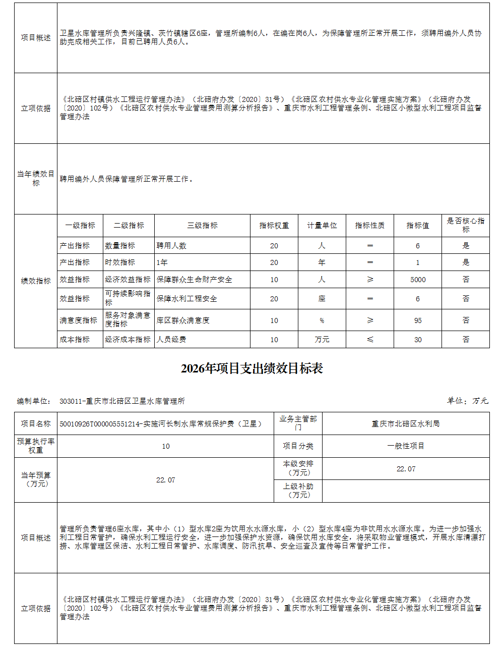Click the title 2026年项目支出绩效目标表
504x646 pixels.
click(x=251, y=369)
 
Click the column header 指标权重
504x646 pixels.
click(x=274, y=226)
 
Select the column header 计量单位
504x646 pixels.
click(x=322, y=226)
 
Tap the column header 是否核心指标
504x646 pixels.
click(x=466, y=225)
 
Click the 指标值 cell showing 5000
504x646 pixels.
click(x=418, y=280)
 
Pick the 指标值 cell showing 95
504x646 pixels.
click(x=418, y=320)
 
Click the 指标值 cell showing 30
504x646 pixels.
click(x=418, y=340)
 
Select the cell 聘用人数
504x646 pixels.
click(x=171, y=246)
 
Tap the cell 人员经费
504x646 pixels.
click(x=171, y=340)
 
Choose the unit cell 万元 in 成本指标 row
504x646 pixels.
click(x=322, y=340)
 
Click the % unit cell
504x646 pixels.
click(x=322, y=320)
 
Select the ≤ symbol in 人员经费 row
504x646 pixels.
click(x=370, y=340)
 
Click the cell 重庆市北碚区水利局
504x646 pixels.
click(x=406, y=424)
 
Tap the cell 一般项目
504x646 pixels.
click(x=406, y=446)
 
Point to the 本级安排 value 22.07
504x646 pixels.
click(x=406, y=469)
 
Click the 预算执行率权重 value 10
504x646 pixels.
click(x=166, y=446)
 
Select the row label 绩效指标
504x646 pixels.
click(x=36, y=281)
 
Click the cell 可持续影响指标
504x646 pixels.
click(x=128, y=298)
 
